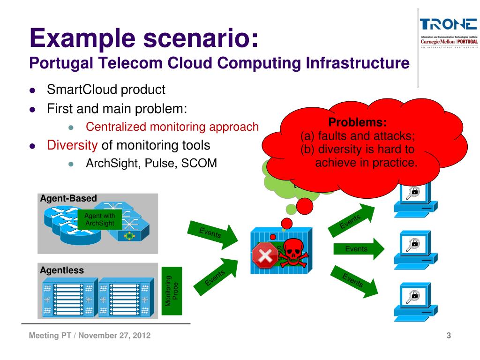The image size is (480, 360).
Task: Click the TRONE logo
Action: (448, 24)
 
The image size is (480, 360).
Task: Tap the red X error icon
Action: (264, 256)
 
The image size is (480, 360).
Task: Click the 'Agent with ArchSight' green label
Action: (100, 219)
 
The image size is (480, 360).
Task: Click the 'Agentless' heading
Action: (62, 270)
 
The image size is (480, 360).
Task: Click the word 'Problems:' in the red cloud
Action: (358, 123)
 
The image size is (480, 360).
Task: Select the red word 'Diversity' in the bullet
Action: (72, 144)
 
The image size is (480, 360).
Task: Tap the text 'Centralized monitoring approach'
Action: (172, 127)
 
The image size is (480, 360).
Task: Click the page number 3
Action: (449, 336)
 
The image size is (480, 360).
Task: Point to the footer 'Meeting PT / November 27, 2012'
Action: (90, 336)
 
